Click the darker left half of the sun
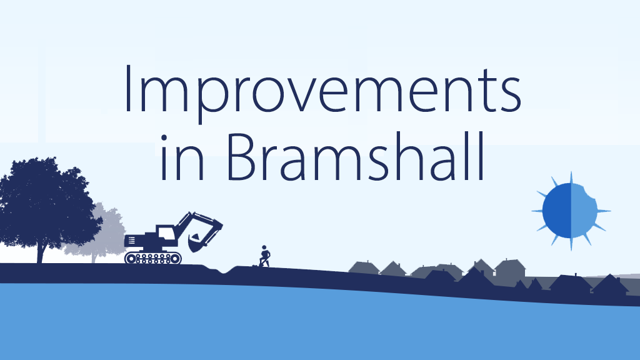557,210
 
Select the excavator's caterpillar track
153,257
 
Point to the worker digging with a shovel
265,256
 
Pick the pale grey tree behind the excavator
103,234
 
